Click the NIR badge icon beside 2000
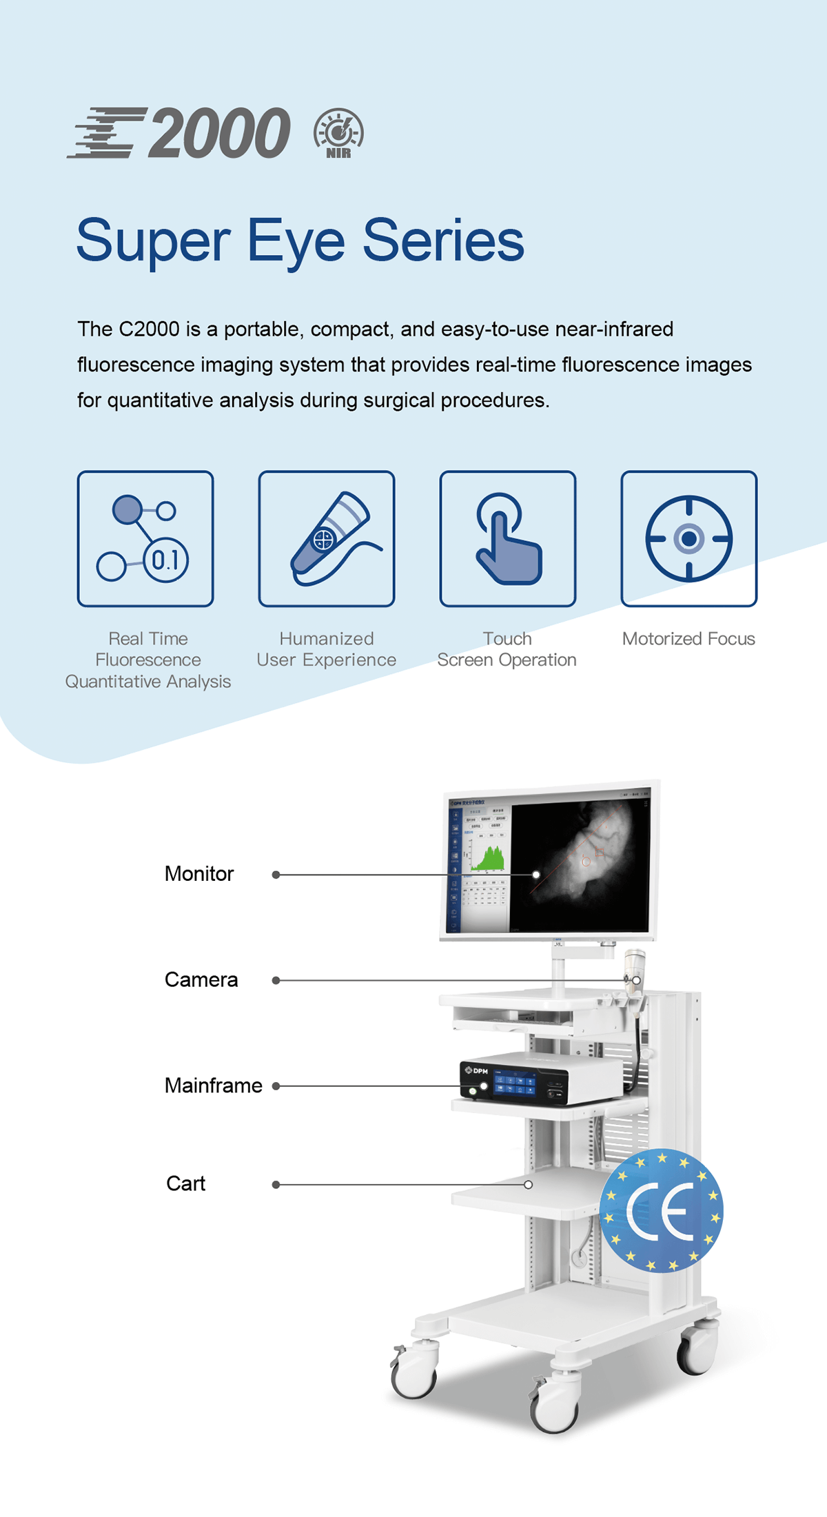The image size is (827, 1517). [x=338, y=132]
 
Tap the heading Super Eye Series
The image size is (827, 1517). [x=300, y=241]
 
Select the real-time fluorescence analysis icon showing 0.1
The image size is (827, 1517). [x=145, y=539]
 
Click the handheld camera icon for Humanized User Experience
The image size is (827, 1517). [x=327, y=539]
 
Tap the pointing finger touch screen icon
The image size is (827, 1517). [x=508, y=539]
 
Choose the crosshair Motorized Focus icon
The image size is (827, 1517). [x=688, y=539]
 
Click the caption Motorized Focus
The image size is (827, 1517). [x=688, y=639]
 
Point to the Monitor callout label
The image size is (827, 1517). [x=199, y=874]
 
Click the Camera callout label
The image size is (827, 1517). [x=201, y=979]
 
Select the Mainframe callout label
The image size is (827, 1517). [x=214, y=1086]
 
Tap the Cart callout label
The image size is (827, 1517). [x=186, y=1183]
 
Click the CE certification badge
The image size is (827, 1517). [x=661, y=1211]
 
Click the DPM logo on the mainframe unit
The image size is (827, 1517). [x=477, y=1070]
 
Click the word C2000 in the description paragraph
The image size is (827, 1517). [x=149, y=329]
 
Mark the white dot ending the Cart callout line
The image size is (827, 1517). [x=528, y=1185]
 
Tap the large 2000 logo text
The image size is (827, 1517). [x=219, y=133]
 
